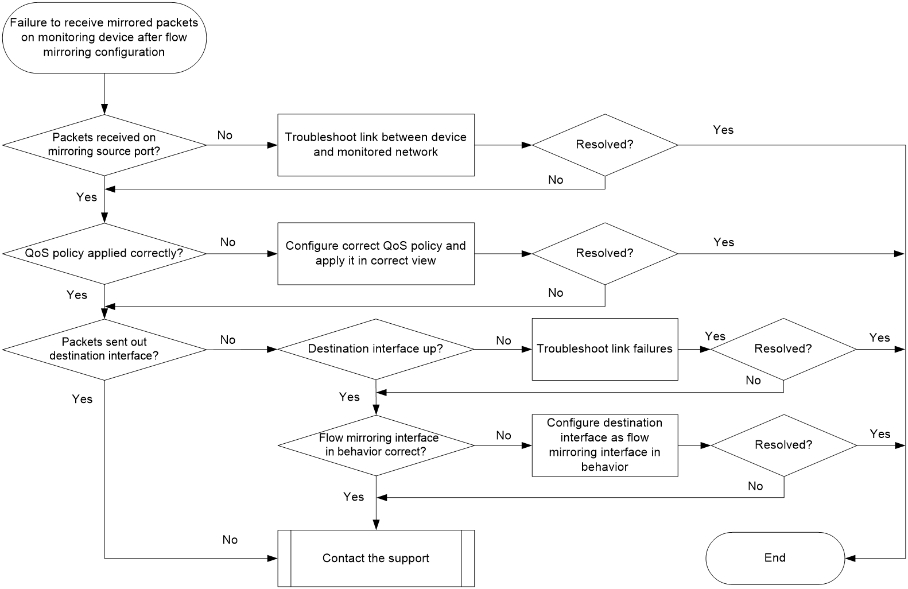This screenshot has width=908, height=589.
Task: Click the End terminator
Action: (775, 558)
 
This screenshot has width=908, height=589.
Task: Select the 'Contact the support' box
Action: (376, 558)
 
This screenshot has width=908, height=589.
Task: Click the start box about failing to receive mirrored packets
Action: (104, 38)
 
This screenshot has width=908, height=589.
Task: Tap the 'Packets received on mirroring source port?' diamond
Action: (104, 145)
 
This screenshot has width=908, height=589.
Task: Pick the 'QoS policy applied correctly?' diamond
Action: (104, 254)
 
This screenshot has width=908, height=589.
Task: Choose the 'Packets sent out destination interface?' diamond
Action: (104, 350)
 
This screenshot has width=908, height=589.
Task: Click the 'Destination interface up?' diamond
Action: (376, 349)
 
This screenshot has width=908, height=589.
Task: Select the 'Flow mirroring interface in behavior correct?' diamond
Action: (376, 445)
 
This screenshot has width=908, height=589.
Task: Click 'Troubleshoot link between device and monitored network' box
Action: (376, 145)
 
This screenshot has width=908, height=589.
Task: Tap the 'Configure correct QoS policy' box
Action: (376, 253)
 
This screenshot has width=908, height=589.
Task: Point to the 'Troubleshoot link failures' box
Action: (605, 349)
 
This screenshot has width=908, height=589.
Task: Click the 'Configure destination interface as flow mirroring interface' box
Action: (605, 445)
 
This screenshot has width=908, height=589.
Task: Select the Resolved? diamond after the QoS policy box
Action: (605, 253)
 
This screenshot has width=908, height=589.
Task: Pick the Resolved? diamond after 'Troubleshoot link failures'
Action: (783, 349)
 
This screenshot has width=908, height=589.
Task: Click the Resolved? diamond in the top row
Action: (605, 145)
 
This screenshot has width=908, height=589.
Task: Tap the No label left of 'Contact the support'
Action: (230, 540)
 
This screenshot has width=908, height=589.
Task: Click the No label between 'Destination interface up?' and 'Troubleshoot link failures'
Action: (503, 340)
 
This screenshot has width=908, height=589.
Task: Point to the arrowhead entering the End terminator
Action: (850, 558)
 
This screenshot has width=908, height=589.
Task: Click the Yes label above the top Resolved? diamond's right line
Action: (723, 130)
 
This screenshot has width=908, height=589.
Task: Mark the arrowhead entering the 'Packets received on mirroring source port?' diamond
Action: (104, 110)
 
